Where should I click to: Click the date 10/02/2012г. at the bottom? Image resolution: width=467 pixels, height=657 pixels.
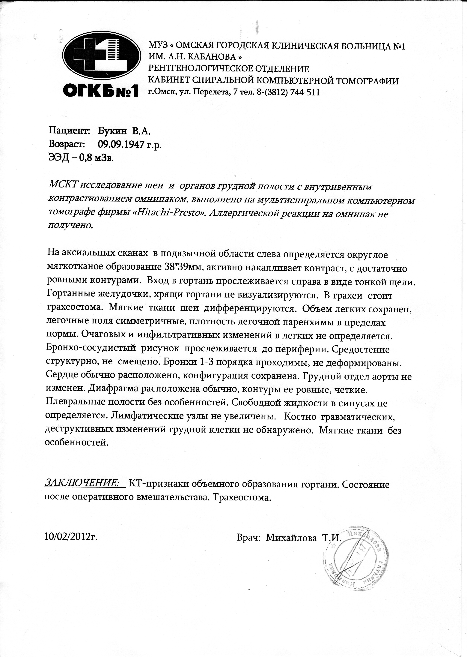[x=71, y=536]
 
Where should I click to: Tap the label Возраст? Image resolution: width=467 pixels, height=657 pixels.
[x=67, y=144]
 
